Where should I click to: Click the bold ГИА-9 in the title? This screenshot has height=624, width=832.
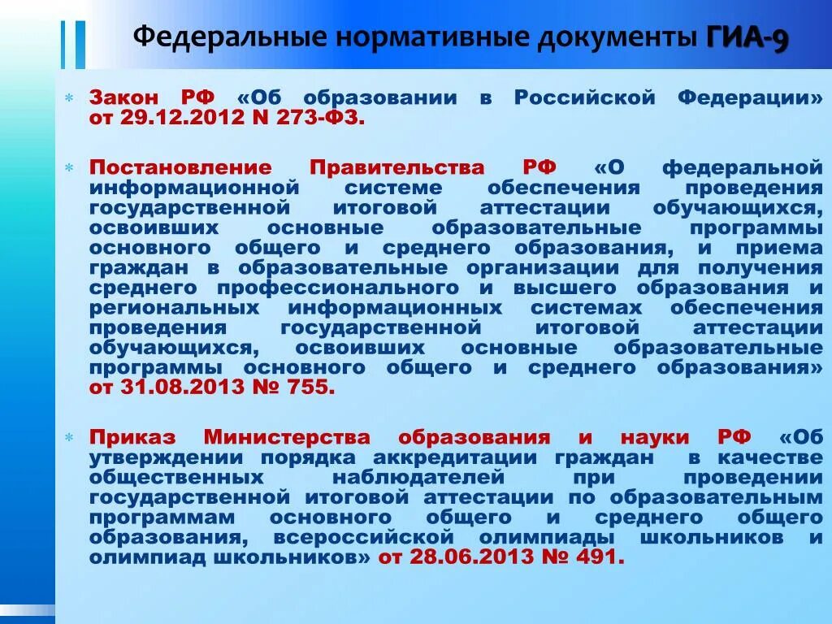(747, 38)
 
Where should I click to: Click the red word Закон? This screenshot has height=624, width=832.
(124, 98)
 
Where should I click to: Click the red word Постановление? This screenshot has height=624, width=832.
(180, 167)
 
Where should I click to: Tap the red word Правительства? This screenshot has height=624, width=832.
(397, 167)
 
